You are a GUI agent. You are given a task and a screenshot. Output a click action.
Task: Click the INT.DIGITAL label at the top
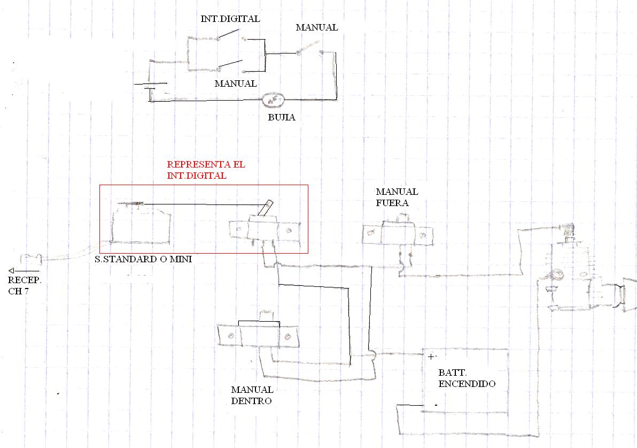tap(230, 19)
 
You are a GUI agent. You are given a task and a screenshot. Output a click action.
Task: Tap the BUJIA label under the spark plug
tap(282, 117)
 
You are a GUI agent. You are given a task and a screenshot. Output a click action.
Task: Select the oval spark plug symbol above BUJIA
tap(273, 100)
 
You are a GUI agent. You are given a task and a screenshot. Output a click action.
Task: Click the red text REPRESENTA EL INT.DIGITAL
tap(206, 170)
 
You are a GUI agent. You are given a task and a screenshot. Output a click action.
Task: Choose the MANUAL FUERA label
tap(397, 198)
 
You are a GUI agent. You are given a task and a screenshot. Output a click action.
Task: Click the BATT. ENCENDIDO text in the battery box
tap(467, 378)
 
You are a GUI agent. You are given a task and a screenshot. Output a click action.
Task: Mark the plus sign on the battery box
tap(431, 357)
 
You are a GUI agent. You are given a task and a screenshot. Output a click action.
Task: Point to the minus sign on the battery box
tap(436, 405)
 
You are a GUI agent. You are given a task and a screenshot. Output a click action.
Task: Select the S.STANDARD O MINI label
tap(143, 259)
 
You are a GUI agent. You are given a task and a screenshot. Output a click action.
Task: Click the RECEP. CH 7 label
tap(25, 286)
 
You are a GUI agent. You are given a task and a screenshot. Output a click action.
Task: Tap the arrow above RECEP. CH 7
tap(24, 271)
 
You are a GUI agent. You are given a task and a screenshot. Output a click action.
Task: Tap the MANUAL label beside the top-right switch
tap(316, 28)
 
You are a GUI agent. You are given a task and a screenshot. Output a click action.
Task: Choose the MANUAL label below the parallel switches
tap(235, 84)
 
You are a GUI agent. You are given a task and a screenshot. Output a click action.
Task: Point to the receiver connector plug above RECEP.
tap(32, 259)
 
